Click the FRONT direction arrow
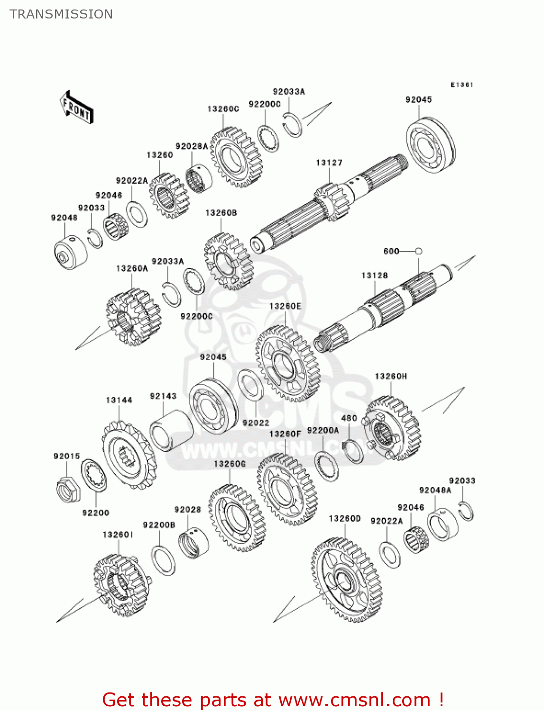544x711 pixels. tap(76, 108)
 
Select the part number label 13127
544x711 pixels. tap(329, 163)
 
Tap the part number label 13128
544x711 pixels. tap(374, 275)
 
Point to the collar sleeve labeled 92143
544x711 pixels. tap(168, 430)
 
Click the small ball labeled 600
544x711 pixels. tap(418, 251)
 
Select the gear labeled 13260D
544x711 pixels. tap(346, 579)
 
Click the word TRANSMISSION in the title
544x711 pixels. tap(61, 14)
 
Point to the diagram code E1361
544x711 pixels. tap(461, 85)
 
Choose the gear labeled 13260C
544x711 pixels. tap(236, 156)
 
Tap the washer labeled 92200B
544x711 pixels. tap(163, 560)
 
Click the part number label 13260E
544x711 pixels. tap(285, 306)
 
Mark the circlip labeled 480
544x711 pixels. tap(353, 451)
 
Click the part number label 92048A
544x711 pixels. tap(435, 490)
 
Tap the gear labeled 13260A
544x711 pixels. tap(133, 317)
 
